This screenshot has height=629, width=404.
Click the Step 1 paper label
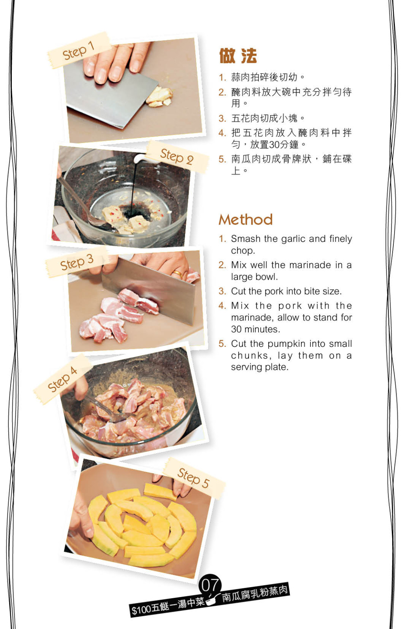[x=79, y=51]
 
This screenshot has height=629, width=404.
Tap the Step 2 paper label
[x=178, y=156]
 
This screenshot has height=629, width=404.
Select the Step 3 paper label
[x=77, y=262]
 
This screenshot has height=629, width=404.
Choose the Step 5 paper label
[x=194, y=478]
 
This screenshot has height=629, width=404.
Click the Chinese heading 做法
[x=238, y=56]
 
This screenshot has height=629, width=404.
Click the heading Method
[x=246, y=219]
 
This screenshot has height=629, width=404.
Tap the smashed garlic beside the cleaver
[x=159, y=97]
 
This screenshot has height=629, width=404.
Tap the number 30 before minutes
[x=236, y=329]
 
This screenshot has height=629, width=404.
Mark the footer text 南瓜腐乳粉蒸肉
[x=255, y=594]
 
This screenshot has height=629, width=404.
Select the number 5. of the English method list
[x=223, y=344]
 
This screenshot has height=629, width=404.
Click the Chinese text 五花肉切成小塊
[x=264, y=118]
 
